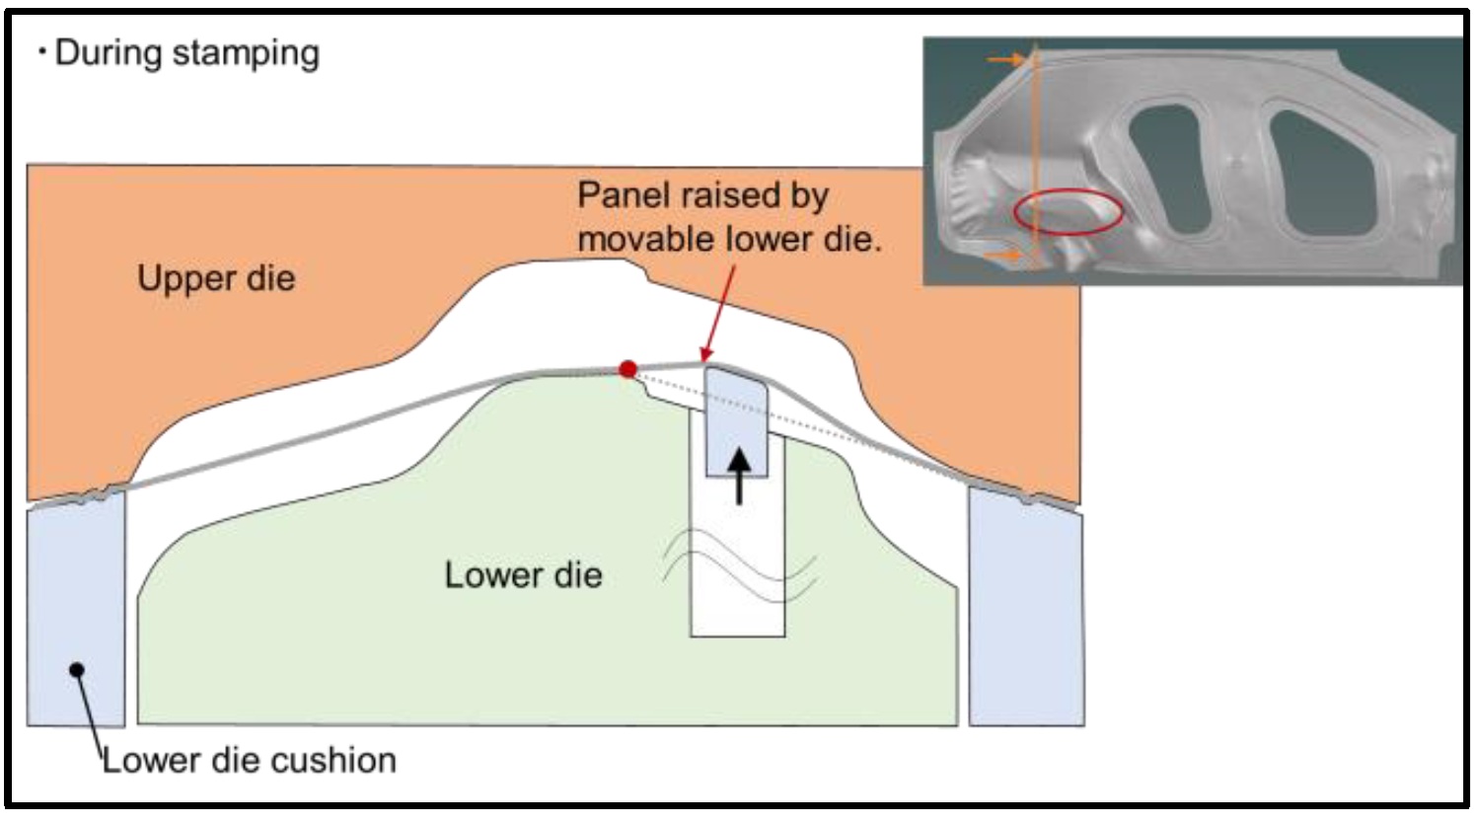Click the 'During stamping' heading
[186, 52]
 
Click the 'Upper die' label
[216, 278]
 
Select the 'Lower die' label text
[523, 574]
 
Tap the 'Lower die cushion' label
[250, 760]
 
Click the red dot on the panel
[627, 370]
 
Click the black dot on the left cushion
[77, 670]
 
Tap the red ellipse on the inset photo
[1069, 211]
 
